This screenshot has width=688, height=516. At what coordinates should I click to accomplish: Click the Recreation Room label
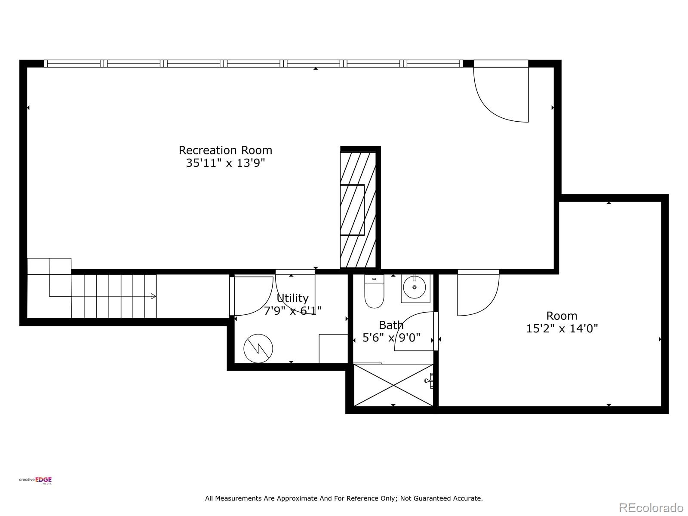point(225,150)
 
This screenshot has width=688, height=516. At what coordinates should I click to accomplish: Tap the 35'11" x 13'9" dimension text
point(225,163)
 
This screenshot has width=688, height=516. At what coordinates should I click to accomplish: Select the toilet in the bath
point(374,291)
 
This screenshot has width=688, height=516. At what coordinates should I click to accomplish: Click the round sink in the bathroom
point(414,287)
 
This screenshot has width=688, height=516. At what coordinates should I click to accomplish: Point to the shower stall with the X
point(393,385)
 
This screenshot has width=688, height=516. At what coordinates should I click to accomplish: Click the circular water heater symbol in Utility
point(258,348)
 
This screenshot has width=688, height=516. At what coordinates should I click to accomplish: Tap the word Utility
point(292,298)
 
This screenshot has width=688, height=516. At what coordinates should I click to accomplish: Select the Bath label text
point(391,325)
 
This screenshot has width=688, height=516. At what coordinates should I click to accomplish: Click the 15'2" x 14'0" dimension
point(562,329)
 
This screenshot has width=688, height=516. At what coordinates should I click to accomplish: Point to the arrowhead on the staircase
point(153,296)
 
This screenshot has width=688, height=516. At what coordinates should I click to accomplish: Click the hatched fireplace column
point(358,210)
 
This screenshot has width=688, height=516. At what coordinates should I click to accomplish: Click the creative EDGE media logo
point(35,480)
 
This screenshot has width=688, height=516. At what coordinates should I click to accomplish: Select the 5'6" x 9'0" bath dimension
point(391,338)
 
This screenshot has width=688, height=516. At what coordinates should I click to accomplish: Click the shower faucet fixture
point(429,381)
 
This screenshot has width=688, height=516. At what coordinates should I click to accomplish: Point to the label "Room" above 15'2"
point(562,316)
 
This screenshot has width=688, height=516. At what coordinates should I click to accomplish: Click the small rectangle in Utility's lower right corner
point(334,348)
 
